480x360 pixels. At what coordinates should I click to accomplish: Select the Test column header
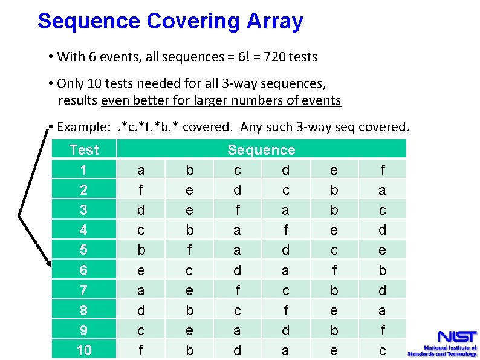tap(84, 149)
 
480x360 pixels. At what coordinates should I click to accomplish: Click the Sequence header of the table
tap(261, 149)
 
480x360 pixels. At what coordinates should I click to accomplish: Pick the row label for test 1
tap(84, 170)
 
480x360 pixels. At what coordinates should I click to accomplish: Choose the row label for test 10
tap(84, 350)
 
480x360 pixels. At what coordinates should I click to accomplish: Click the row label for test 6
tap(84, 270)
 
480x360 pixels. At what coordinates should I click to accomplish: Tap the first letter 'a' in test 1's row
tap(141, 170)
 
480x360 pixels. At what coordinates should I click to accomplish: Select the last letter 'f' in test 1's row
tap(382, 170)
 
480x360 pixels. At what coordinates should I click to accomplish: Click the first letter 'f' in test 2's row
tap(141, 190)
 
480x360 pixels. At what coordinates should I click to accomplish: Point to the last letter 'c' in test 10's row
tap(382, 350)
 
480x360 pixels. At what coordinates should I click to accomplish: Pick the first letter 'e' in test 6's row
tap(141, 270)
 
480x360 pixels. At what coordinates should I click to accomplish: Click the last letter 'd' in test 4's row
tap(382, 230)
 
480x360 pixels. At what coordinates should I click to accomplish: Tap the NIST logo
tap(441, 342)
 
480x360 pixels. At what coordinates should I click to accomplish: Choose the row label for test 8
tap(84, 310)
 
